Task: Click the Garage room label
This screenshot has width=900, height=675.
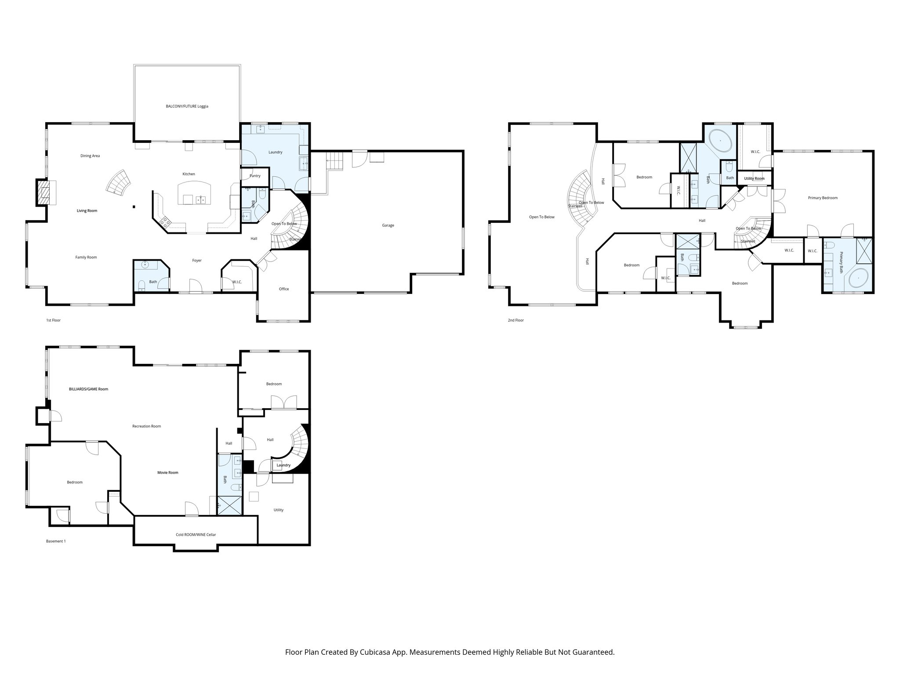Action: pos(388,225)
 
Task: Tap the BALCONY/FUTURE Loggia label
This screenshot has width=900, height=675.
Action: pos(187,106)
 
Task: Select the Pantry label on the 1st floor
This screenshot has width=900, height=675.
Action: pos(255,176)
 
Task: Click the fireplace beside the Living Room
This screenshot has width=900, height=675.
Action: pos(44,192)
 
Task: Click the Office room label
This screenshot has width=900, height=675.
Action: pos(284,289)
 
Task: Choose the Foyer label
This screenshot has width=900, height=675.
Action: pos(197,261)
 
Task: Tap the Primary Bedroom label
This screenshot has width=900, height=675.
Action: pos(823,198)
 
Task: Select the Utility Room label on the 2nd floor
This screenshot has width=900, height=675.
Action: pos(754,178)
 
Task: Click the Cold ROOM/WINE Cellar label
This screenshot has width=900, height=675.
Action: pos(196,535)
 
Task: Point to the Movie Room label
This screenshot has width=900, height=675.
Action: pos(168,472)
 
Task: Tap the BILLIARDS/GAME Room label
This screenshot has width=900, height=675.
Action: pos(88,389)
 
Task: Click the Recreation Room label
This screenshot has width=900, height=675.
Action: pos(147,426)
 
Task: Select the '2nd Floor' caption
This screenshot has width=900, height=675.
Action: pos(515,320)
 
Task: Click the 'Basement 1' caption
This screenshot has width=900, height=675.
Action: pos(56,541)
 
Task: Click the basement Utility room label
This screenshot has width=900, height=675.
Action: pos(278,510)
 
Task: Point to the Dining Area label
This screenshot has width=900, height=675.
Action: pos(90,156)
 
